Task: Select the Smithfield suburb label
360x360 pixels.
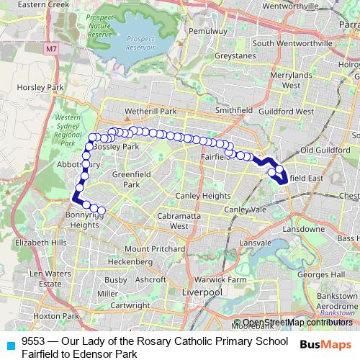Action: click(x=234, y=111)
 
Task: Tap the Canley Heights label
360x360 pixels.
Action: click(x=205, y=196)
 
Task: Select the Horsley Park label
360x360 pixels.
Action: click(x=25, y=88)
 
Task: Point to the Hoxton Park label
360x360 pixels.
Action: click(x=41, y=315)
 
